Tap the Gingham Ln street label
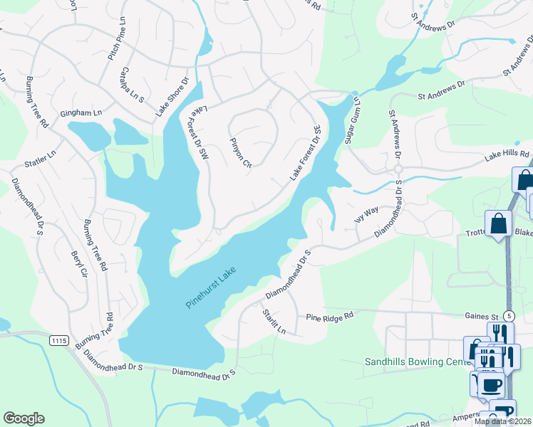pos(81,113)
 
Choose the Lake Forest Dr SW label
pos(199,134)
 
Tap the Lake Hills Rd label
pos(507,154)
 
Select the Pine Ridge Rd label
pos(330,316)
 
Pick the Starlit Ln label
pos(274,322)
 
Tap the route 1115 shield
pos(60,341)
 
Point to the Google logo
pos(24,418)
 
